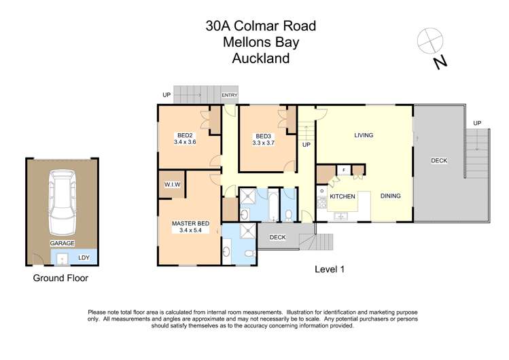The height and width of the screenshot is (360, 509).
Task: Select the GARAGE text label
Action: [x=62, y=242]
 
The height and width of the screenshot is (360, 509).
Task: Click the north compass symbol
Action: [x=431, y=41]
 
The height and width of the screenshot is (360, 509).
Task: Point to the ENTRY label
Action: [x=230, y=95]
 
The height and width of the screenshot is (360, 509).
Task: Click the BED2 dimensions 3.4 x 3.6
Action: [x=184, y=142]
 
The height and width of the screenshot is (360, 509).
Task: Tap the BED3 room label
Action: [x=263, y=135]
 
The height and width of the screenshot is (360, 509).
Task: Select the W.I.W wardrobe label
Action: [x=171, y=185]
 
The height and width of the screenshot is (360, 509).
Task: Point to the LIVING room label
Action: [x=364, y=135]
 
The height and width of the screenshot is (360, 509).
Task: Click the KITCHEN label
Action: [x=343, y=196]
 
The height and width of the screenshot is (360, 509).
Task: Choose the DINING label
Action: [x=390, y=196]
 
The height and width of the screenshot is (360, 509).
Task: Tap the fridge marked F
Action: [x=344, y=170]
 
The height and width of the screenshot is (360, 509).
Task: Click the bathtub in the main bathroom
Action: [x=273, y=204]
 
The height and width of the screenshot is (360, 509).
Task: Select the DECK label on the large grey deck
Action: [x=439, y=161]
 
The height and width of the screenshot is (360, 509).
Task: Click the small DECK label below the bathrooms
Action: [x=277, y=237]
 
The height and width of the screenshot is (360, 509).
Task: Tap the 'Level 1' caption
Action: [x=330, y=269]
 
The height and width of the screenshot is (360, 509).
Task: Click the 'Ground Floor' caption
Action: [x=60, y=278]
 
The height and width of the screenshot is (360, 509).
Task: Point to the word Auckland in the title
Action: [x=261, y=58]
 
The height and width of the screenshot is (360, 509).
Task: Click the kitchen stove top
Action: [x=321, y=197]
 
